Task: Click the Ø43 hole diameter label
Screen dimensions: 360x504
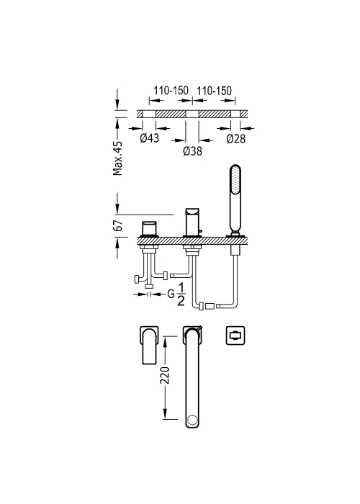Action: click(150, 138)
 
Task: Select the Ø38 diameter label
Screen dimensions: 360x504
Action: click(192, 150)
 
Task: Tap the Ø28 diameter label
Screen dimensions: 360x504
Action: click(236, 138)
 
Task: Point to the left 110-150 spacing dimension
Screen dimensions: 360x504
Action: click(171, 90)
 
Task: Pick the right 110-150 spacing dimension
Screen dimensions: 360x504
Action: click(214, 91)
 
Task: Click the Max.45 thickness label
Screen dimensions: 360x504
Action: click(118, 158)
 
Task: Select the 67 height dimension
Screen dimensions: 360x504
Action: click(118, 225)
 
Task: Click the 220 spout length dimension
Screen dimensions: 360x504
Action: click(165, 375)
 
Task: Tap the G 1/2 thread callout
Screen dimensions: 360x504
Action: click(176, 294)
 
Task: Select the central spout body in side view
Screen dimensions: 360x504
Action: click(192, 222)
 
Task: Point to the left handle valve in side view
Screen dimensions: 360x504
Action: click(149, 229)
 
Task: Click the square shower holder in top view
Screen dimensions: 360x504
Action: click(235, 336)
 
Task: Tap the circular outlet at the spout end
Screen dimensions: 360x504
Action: click(192, 420)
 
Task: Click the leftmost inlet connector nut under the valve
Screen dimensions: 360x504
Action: click(136, 279)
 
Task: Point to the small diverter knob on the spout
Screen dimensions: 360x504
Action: click(201, 231)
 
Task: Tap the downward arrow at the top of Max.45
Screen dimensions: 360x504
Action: click(117, 99)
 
